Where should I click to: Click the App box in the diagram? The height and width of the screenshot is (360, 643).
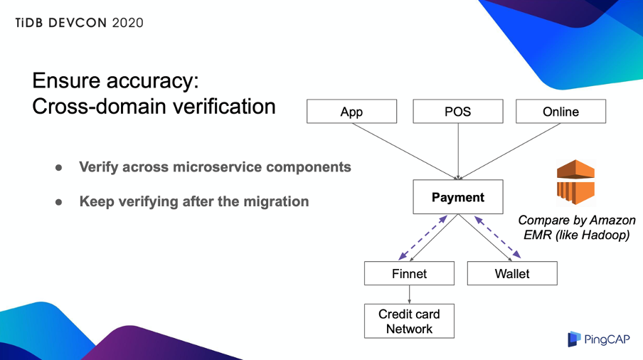tap(351, 112)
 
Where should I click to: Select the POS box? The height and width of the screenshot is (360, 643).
tap(458, 112)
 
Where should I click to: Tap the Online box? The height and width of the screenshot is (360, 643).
tap(560, 112)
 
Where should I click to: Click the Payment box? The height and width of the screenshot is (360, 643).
tap(458, 197)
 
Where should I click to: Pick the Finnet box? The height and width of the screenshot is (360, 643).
tap(409, 273)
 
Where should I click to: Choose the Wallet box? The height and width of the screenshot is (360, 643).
tap(512, 273)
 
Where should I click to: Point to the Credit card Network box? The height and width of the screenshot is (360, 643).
tap(409, 321)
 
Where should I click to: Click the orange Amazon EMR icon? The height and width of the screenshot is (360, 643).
tap(575, 182)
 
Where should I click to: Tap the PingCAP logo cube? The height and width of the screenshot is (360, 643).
tap(574, 339)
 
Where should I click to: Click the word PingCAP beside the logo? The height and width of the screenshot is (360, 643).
tap(607, 340)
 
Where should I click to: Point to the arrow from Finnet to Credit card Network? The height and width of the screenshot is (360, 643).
tap(410, 294)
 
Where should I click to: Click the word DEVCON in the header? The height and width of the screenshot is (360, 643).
tap(80, 23)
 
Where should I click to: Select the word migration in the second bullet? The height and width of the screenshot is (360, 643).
tap(275, 201)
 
